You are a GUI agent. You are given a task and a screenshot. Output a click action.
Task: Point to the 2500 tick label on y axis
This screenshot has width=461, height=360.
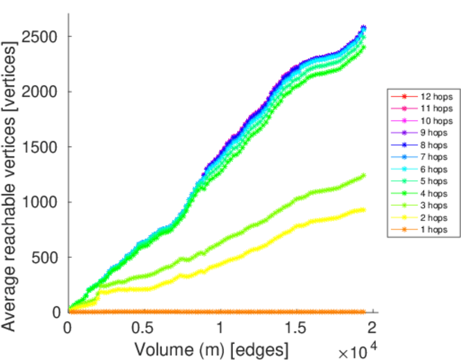tap(40, 37)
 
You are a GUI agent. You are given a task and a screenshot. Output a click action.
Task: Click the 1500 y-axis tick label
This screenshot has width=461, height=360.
tap(40, 147)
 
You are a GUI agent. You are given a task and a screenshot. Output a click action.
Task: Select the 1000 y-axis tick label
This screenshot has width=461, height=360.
tap(40, 202)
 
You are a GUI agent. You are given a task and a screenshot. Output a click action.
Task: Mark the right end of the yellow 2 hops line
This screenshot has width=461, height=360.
tap(363, 209)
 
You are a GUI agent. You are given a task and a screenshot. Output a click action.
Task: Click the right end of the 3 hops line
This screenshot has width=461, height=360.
tap(363, 175)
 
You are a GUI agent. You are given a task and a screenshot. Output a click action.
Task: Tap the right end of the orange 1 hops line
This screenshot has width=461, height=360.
tap(363, 311)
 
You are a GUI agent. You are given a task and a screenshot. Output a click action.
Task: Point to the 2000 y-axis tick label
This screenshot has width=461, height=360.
tap(40, 92)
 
